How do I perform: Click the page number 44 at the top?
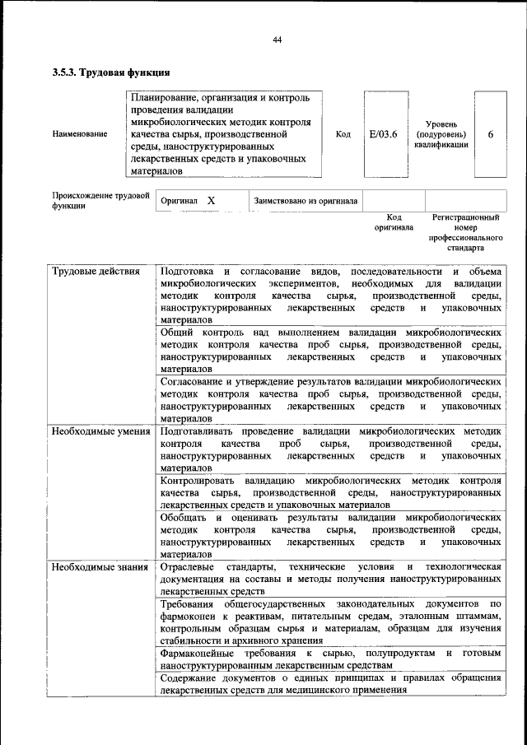[x=277, y=40]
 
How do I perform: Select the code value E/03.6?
[x=384, y=134]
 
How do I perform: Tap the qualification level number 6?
[x=491, y=134]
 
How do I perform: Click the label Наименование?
[x=79, y=134]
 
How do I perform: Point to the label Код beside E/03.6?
[x=344, y=134]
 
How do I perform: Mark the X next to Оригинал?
[x=211, y=200]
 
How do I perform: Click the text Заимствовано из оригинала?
[x=305, y=200]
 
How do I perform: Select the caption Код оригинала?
[x=394, y=222]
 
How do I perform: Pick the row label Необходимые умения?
[x=100, y=431]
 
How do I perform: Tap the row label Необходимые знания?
[x=99, y=567]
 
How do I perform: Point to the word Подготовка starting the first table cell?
[x=189, y=272]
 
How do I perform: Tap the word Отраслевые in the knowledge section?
[x=187, y=567]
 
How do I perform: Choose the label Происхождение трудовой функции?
[x=100, y=201]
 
